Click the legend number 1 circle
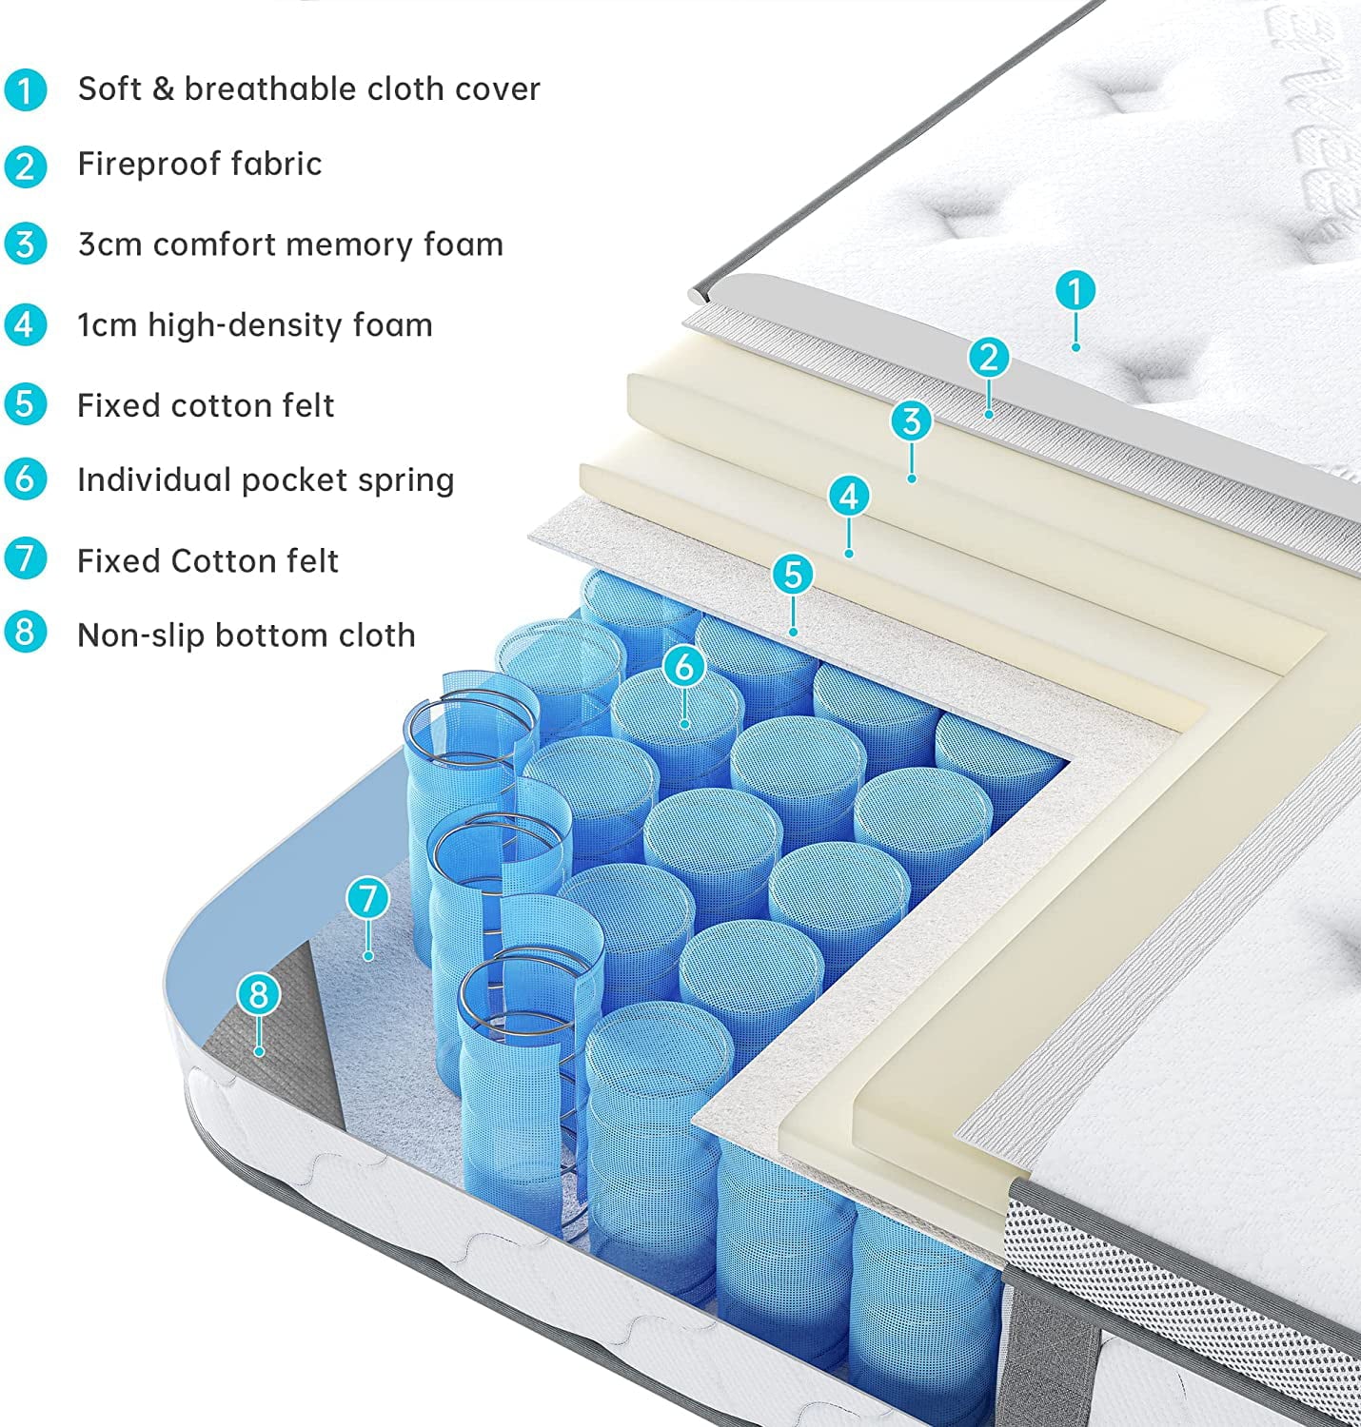click(x=26, y=90)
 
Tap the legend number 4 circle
click(x=26, y=324)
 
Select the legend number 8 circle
click(x=26, y=633)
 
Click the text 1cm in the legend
click(x=107, y=325)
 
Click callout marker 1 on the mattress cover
click(x=1075, y=291)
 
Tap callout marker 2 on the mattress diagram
click(x=989, y=358)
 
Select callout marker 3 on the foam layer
click(x=912, y=420)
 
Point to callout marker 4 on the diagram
click(x=849, y=496)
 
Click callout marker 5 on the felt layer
click(x=793, y=575)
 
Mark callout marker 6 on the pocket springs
click(x=684, y=667)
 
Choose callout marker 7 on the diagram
click(x=367, y=898)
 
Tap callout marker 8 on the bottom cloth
click(x=258, y=994)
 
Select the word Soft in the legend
click(x=109, y=88)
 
